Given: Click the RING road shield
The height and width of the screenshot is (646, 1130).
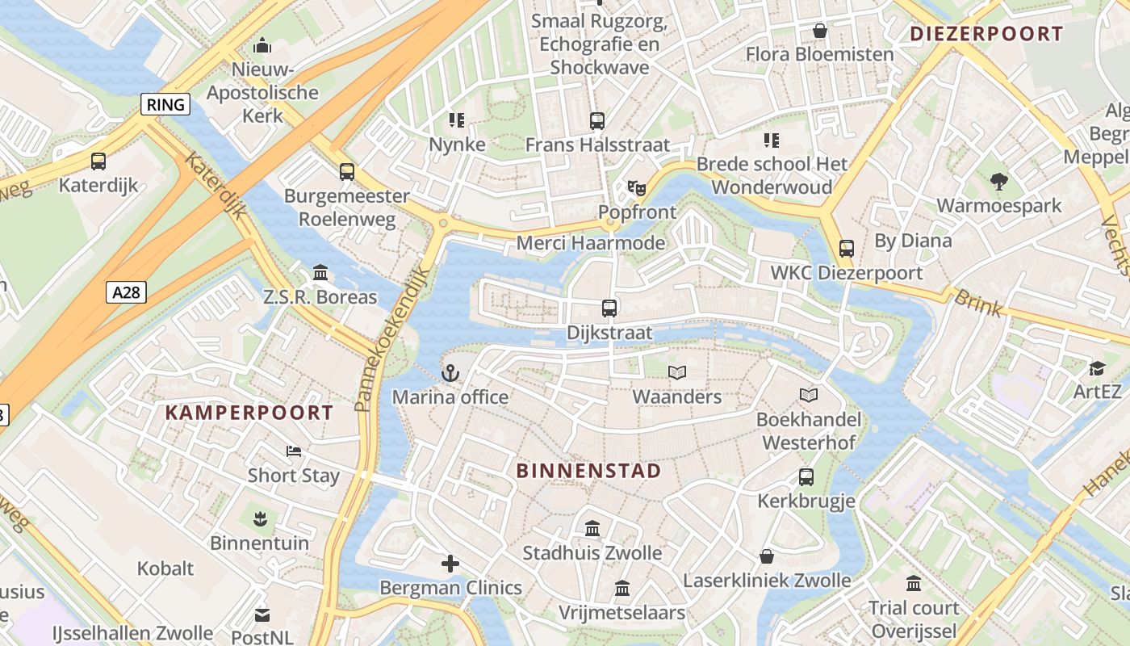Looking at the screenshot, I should (x=165, y=104).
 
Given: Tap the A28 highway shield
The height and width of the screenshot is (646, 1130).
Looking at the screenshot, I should (x=126, y=292).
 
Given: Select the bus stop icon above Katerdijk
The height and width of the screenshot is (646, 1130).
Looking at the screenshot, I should (x=98, y=161).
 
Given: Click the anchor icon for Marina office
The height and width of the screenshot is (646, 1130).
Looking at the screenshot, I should (x=450, y=373).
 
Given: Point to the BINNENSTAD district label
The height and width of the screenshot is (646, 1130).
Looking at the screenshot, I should (x=588, y=471).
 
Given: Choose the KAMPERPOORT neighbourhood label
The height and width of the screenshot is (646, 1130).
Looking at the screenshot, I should (x=249, y=413).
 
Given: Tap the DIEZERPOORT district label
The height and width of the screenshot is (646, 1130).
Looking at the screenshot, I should (x=986, y=34).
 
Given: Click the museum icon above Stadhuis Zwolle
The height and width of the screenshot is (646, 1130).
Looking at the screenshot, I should (x=592, y=529).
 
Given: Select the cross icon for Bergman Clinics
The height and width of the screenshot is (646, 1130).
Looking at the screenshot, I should (x=450, y=564).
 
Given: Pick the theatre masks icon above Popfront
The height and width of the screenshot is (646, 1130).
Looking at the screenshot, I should (x=637, y=188).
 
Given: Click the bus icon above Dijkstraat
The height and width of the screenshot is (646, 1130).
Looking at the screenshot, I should (x=609, y=308).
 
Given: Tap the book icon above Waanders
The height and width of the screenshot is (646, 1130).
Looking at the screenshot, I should (x=677, y=372).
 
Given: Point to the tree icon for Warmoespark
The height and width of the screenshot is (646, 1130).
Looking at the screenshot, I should (x=999, y=182).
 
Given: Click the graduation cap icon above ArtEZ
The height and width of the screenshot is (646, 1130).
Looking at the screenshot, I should (x=1097, y=368).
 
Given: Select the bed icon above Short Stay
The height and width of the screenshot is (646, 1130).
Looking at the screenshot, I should (x=294, y=451).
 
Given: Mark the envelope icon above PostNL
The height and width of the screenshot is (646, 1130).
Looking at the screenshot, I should (x=262, y=615).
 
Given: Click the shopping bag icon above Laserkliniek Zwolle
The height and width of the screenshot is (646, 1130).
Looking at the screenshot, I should (x=767, y=556).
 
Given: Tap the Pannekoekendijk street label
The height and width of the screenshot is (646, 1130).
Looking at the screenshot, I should (x=391, y=340).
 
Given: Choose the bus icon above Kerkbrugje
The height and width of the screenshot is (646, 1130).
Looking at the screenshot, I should (x=806, y=477).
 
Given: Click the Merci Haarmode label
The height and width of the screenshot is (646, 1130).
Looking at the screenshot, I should (x=591, y=243).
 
